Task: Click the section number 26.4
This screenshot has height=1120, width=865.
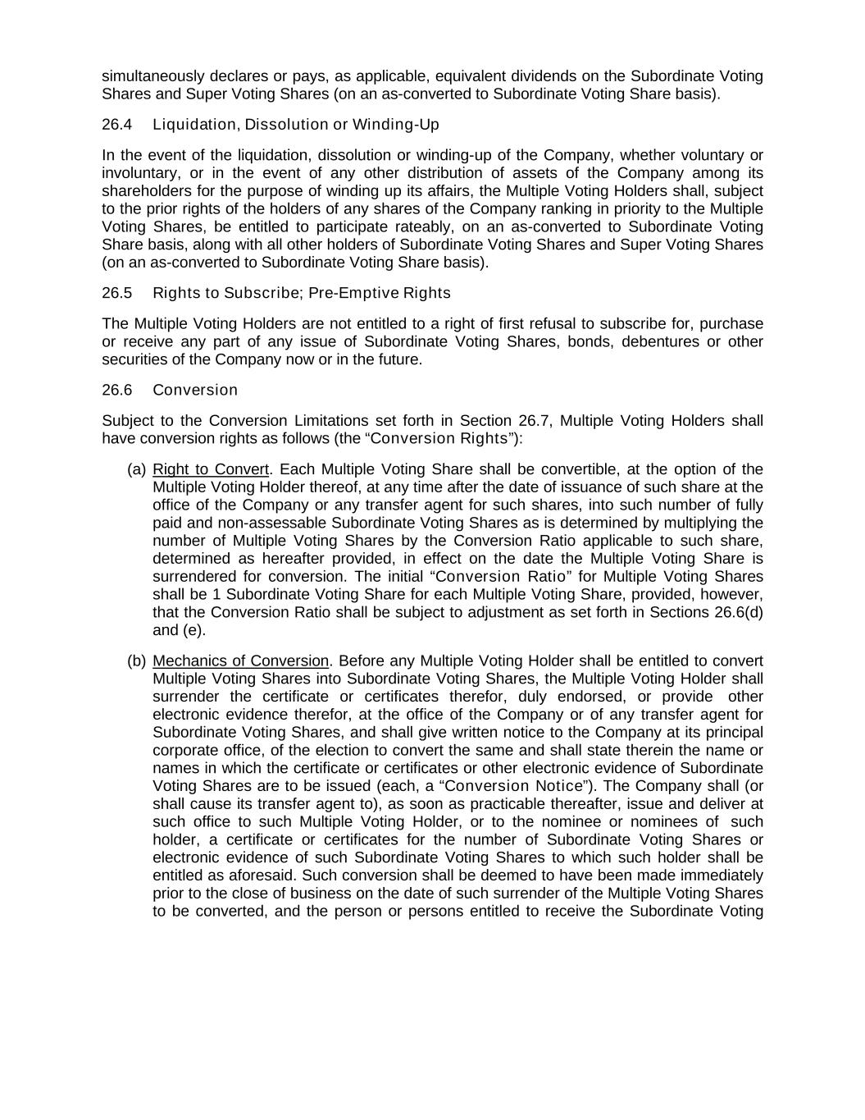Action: pos(117,125)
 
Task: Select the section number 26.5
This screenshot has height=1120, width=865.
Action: pos(117,293)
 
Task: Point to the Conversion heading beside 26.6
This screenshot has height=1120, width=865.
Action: pos(195,390)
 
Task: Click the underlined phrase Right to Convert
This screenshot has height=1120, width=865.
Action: pos(211,469)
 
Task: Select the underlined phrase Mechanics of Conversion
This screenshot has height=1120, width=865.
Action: pos(240,661)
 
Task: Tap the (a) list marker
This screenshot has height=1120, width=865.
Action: pos(136,469)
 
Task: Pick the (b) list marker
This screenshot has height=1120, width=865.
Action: pos(136,661)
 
